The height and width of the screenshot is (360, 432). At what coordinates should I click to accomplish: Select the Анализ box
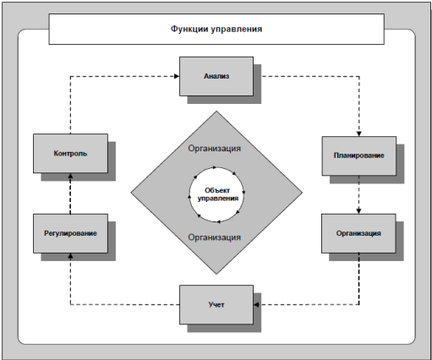tap(216, 76)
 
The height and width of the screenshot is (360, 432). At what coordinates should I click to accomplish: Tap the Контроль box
tap(70, 153)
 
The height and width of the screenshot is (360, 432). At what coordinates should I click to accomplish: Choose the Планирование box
tap(359, 155)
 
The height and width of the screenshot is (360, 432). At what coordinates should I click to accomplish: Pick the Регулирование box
tap(70, 233)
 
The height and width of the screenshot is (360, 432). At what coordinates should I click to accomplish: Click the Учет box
tap(216, 304)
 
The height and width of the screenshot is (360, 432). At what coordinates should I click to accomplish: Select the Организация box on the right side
tap(358, 233)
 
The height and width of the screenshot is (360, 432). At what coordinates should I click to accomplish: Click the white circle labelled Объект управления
tap(216, 194)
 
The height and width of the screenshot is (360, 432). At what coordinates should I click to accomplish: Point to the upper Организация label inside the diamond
tap(215, 149)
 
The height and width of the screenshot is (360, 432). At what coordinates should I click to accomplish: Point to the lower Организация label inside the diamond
tap(215, 237)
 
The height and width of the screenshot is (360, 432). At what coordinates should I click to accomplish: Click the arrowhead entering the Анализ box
tap(177, 76)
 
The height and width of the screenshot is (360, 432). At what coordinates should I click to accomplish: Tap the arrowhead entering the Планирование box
tap(359, 134)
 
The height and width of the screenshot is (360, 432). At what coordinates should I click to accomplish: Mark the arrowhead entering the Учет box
tap(256, 304)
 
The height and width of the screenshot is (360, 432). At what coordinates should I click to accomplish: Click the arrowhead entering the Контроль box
tap(70, 176)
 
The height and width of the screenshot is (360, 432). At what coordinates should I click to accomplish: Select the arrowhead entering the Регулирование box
tap(70, 256)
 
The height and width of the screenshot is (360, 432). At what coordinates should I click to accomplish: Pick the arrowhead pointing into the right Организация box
tap(358, 211)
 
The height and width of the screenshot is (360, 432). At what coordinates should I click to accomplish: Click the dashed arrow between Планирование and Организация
tap(358, 194)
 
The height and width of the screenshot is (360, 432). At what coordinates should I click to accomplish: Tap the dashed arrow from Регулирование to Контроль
tap(70, 194)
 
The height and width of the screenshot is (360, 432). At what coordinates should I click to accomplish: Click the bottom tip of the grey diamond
tap(216, 274)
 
